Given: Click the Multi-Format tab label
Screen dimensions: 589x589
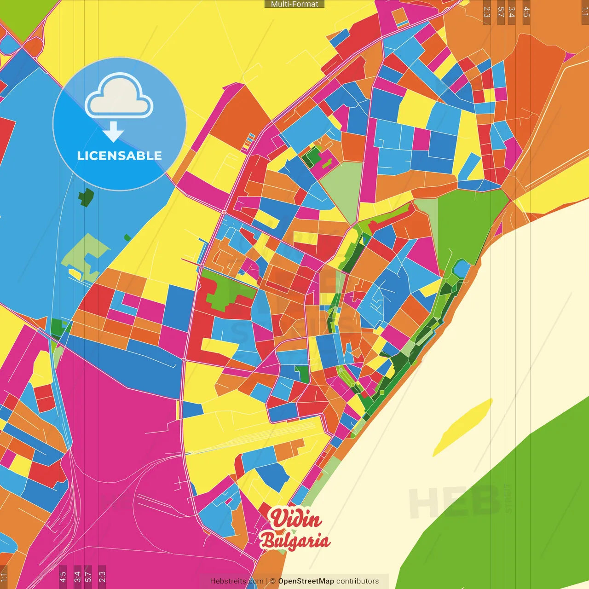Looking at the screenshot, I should (294, 4).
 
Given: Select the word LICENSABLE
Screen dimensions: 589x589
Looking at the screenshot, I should (119, 156).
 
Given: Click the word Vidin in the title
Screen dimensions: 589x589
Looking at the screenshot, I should (295, 519).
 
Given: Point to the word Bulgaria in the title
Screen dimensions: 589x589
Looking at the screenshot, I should (294, 541).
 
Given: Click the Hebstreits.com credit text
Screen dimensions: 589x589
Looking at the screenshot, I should (237, 581).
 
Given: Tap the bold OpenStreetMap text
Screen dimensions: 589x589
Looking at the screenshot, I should (306, 581).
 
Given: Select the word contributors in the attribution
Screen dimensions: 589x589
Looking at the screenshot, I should (358, 581).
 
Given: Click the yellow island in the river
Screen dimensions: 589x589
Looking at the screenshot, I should (462, 427).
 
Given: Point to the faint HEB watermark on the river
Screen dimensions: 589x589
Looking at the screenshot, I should (453, 502).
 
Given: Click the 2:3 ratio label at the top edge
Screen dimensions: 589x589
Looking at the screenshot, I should (487, 12).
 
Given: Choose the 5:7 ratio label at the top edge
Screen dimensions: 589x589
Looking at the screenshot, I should (501, 12).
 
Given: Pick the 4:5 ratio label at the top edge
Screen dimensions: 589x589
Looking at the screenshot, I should (526, 12).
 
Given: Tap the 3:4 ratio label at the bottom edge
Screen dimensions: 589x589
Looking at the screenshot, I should (77, 577).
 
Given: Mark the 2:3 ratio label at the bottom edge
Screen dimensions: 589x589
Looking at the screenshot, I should (102, 577).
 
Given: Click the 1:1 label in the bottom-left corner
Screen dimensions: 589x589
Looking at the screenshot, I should (4, 577).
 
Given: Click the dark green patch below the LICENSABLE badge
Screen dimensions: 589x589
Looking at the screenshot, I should (86, 197).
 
